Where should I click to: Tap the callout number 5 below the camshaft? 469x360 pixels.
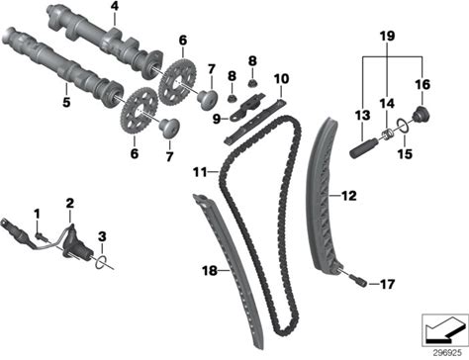click(66, 102)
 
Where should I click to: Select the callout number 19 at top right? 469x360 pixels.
click(387, 36)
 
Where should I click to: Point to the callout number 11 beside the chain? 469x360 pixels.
click(200, 172)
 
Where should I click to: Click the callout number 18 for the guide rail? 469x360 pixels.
click(210, 271)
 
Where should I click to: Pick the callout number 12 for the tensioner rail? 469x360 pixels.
click(349, 196)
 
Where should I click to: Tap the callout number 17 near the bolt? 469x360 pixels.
click(387, 284)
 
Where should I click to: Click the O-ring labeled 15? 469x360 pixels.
click(402, 126)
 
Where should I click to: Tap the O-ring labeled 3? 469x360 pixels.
click(101, 261)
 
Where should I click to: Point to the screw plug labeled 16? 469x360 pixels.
click(422, 116)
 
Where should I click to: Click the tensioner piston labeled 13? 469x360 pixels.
click(362, 148)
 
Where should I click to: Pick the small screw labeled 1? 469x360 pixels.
click(42, 235)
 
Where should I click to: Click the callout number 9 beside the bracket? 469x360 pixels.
click(217, 119)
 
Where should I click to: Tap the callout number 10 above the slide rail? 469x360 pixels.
click(281, 79)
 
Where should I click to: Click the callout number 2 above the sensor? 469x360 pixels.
click(70, 204)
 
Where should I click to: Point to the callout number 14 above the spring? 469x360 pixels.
click(387, 104)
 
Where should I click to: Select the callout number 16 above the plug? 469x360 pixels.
click(422, 85)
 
